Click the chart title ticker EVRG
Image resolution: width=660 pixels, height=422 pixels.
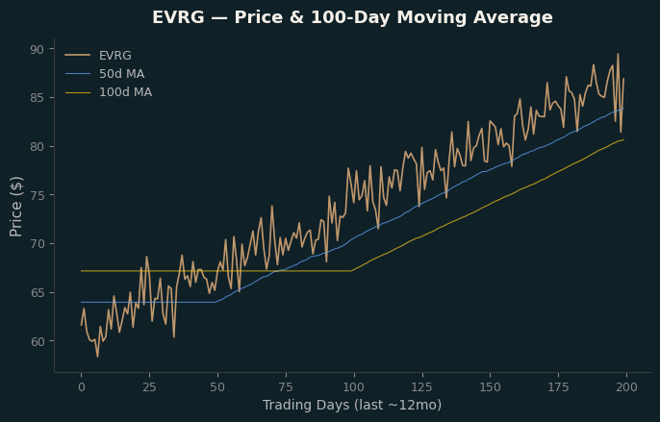(x=178, y=17)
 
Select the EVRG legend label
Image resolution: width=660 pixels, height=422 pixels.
(x=114, y=56)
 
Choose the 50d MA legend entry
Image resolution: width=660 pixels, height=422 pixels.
(x=121, y=74)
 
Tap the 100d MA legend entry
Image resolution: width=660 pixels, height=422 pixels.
(x=125, y=92)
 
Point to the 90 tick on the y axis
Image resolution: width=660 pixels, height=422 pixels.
(x=37, y=50)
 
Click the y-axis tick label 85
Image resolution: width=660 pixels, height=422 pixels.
(x=37, y=98)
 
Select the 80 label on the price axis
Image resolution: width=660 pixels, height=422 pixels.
(x=37, y=147)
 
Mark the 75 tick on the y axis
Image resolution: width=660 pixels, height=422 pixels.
(x=37, y=195)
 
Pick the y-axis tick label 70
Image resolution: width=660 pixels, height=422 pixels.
(x=37, y=244)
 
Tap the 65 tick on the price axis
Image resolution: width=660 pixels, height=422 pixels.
(x=37, y=293)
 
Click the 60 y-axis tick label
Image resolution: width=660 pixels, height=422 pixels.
(x=37, y=341)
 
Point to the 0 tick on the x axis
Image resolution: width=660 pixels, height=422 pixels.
(x=81, y=387)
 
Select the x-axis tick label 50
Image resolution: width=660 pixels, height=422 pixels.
(x=217, y=387)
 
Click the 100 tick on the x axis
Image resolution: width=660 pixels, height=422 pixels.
(x=354, y=387)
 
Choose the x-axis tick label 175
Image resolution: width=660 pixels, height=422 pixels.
(x=559, y=387)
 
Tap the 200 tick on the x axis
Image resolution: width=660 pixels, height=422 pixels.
(x=626, y=387)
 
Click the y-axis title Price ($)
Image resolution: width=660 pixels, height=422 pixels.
(x=16, y=207)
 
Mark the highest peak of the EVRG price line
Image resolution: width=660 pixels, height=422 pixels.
(x=618, y=54)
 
